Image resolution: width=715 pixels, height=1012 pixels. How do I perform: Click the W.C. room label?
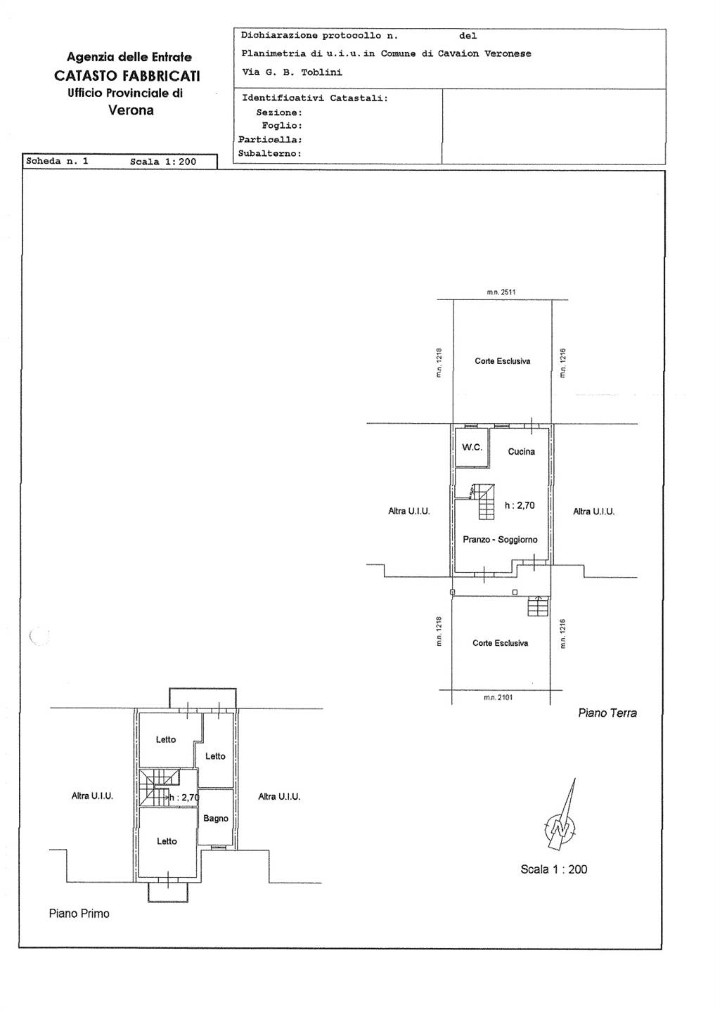click(x=472, y=447)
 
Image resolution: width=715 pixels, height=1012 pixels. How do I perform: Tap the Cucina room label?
click(x=521, y=451)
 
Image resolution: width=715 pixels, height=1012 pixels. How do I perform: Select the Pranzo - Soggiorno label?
click(x=500, y=540)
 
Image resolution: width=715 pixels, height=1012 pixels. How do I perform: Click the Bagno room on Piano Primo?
click(x=216, y=818)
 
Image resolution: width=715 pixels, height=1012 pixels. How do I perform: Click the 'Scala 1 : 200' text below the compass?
click(x=554, y=869)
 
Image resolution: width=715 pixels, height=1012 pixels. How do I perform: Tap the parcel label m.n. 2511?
click(x=501, y=292)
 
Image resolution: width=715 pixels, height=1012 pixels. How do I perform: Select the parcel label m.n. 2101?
click(x=498, y=698)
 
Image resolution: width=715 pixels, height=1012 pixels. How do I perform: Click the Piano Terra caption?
click(x=607, y=713)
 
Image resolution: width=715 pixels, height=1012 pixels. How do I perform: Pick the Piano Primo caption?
click(x=79, y=914)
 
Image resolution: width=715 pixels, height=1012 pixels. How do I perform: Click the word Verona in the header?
click(x=131, y=110)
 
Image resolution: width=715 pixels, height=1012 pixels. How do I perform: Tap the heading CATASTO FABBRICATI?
click(x=127, y=76)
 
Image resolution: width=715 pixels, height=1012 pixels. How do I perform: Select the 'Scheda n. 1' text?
click(x=58, y=162)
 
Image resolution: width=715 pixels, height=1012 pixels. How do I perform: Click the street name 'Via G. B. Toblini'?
click(x=292, y=72)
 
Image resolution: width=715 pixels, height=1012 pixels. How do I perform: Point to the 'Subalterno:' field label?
click(x=270, y=154)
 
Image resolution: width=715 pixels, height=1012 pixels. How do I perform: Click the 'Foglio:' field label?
click(x=282, y=126)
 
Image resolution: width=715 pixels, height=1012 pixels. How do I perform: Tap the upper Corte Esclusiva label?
click(x=502, y=361)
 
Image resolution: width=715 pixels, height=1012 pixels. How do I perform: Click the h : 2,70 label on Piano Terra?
click(x=520, y=505)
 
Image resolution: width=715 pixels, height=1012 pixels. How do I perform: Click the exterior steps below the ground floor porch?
click(x=538, y=606)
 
